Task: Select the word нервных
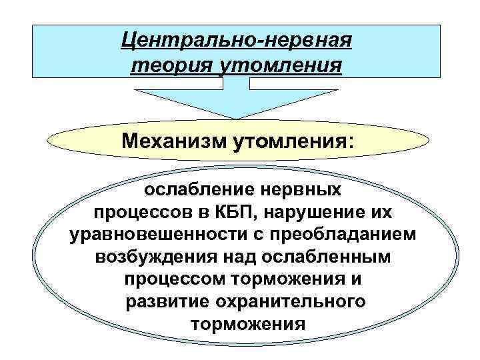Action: (305, 189)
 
